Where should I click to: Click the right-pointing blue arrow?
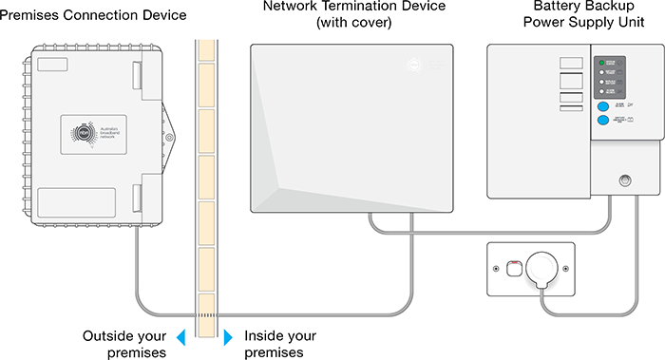[228, 337]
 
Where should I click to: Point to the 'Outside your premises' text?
[125, 344]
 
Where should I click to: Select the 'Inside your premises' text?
[280, 344]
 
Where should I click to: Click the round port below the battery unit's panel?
[624, 180]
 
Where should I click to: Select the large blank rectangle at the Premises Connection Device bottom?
[76, 201]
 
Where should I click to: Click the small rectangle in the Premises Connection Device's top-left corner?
[45, 68]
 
